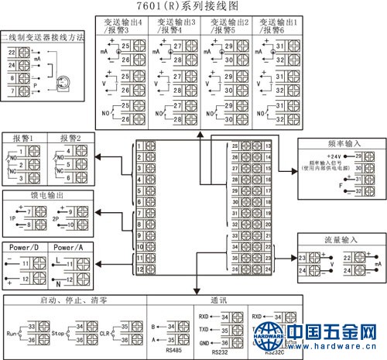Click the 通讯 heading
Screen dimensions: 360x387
click(x=218, y=299)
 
